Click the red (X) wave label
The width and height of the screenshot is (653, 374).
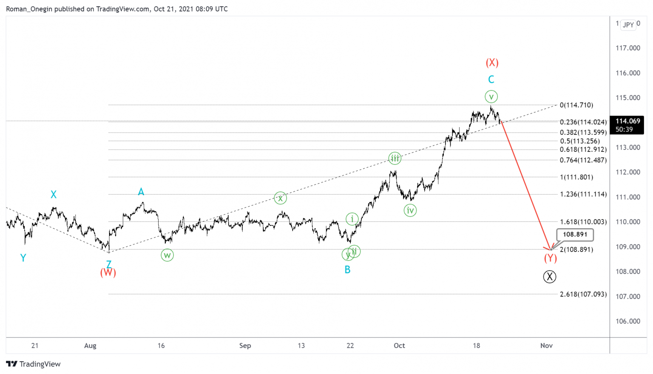tap(492, 63)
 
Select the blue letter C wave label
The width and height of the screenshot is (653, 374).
tap(491, 79)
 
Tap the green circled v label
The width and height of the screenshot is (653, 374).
tap(491, 97)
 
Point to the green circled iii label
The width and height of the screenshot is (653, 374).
tap(395, 159)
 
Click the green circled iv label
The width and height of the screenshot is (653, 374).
tap(410, 210)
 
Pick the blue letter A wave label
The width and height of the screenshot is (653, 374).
tap(141, 192)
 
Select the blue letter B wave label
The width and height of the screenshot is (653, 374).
tap(347, 269)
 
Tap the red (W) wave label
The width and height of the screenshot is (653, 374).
tap(108, 272)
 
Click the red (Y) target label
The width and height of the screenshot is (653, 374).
tap(550, 258)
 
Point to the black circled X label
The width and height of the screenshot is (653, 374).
tap(550, 277)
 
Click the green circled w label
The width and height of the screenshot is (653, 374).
tap(167, 255)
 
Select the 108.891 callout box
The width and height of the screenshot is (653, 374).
tap(575, 234)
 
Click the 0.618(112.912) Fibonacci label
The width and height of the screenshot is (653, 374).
tap(583, 150)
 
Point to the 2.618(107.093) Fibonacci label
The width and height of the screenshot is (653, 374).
tap(583, 294)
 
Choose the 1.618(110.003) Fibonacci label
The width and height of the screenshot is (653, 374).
tap(583, 222)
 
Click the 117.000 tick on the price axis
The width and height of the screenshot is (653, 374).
tap(628, 48)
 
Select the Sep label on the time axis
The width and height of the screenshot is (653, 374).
tap(245, 346)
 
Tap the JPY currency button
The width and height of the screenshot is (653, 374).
tap(628, 25)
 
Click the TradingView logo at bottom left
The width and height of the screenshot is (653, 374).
tap(34, 364)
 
